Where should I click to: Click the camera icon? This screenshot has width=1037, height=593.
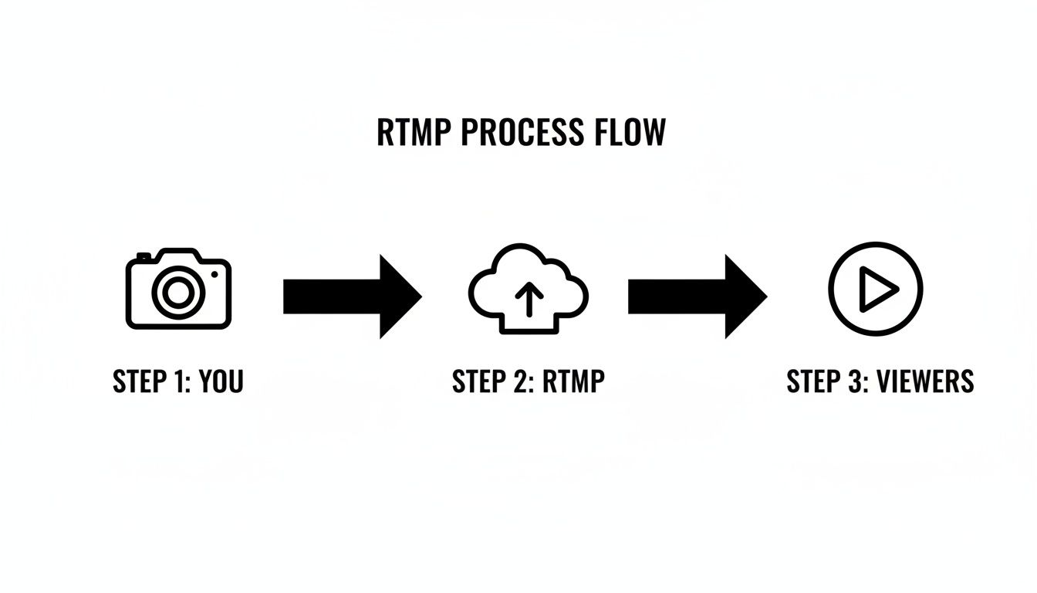[x=178, y=289]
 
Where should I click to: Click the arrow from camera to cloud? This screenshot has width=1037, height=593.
[x=351, y=296]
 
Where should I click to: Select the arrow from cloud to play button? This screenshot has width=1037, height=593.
[x=696, y=296]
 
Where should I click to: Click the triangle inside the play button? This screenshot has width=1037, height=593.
[x=878, y=290]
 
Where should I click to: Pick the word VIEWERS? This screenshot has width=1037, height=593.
[x=925, y=381]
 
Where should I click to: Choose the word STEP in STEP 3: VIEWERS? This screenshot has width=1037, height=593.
[x=812, y=381]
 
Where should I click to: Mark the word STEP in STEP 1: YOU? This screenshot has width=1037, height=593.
[x=138, y=381]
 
